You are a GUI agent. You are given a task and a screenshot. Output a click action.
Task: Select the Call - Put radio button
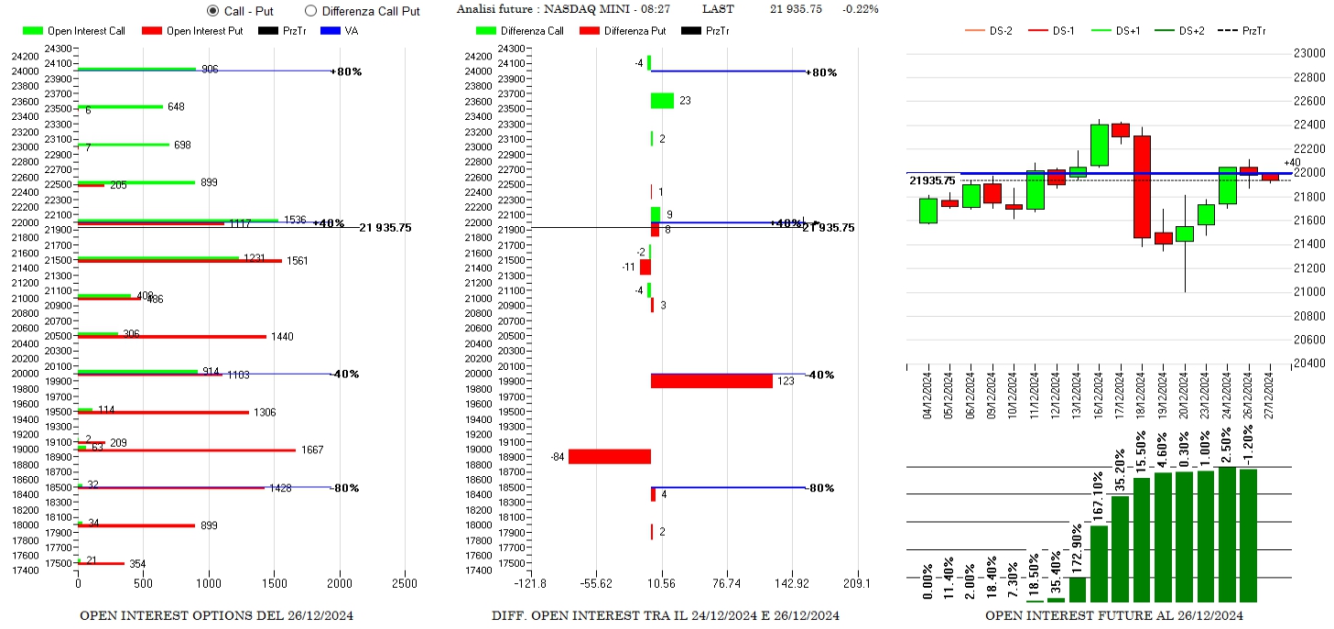pos(212,11)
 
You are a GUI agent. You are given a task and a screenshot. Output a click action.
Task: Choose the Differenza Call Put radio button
pos(310,11)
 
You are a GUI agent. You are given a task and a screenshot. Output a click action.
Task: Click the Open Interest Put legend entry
pos(192,31)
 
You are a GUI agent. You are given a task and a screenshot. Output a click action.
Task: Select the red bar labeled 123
pos(711,381)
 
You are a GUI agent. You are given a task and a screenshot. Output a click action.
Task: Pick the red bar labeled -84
pos(609,456)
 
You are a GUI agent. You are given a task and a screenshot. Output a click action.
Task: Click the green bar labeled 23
pos(662,101)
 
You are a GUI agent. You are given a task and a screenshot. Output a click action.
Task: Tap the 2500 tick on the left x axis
pos(404,583)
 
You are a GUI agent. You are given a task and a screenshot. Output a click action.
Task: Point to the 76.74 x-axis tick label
pos(726,583)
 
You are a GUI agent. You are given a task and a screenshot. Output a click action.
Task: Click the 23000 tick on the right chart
pos(1308,53)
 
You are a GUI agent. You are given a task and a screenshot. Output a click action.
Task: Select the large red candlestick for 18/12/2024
pos(1142,187)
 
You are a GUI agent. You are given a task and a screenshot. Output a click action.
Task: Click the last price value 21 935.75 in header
pos(796,9)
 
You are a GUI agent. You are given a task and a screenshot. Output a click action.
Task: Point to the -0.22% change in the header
pos(860,9)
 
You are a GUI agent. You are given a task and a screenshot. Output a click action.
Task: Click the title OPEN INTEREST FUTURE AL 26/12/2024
pos(1113,615)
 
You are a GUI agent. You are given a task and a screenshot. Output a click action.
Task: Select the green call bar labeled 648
pos(120,106)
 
